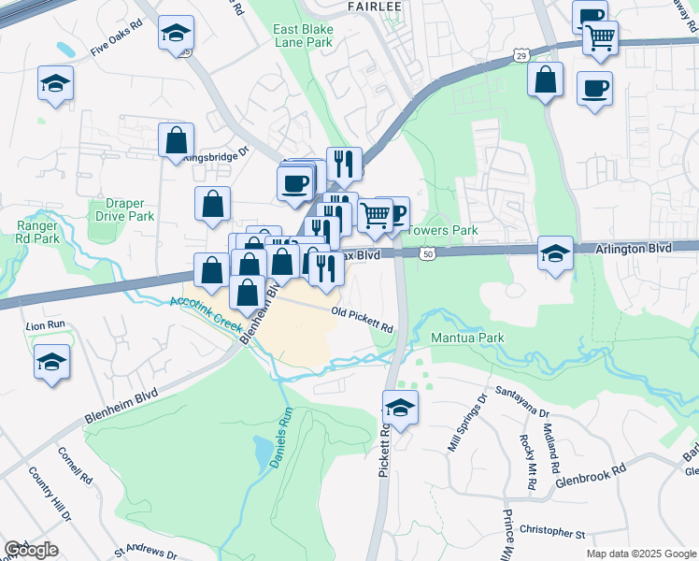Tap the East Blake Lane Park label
point(303,36)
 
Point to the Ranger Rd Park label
point(38,232)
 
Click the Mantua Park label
point(467,337)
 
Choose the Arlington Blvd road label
point(635,249)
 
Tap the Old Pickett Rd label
point(361,320)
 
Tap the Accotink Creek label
point(206,314)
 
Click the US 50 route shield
point(428,253)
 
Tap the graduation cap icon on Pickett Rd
point(400,408)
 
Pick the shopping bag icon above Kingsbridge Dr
point(175,141)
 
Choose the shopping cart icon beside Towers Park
point(375,214)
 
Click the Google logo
point(31,550)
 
